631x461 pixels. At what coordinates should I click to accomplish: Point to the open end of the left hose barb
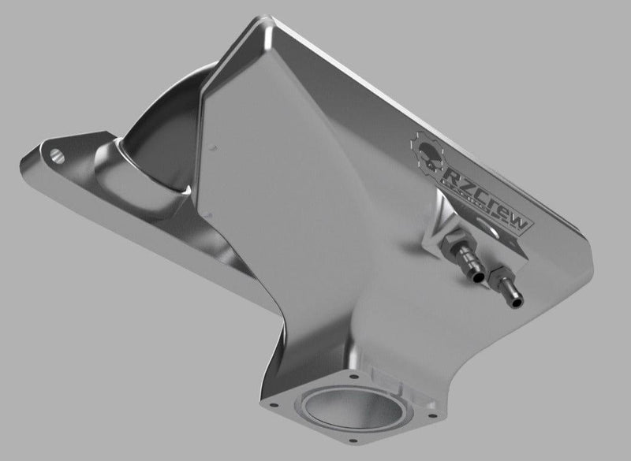[x=476, y=278]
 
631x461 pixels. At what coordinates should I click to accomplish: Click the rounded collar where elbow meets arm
[x=122, y=162]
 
